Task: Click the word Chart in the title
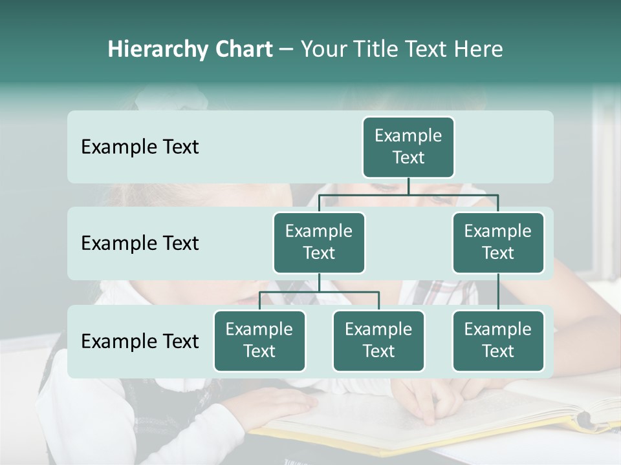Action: point(243,49)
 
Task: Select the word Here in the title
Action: point(478,49)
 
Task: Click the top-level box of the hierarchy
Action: point(408,147)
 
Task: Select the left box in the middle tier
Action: point(319,243)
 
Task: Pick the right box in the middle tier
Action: point(498,243)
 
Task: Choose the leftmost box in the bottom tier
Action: point(259,341)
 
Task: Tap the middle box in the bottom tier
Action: point(378,341)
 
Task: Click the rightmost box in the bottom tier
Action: point(498,341)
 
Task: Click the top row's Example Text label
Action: point(140,147)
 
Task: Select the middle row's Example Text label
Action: point(140,243)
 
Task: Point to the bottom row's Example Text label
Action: point(140,341)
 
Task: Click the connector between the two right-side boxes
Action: point(498,292)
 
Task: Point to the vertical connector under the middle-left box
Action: point(319,283)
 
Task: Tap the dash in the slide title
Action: point(287,50)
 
